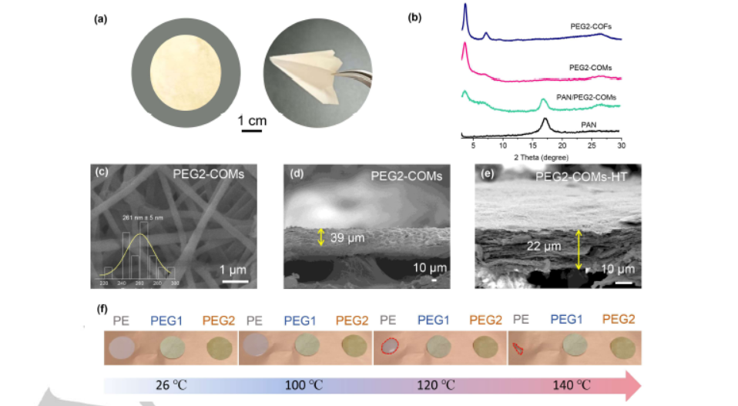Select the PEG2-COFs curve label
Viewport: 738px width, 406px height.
[x=590, y=26]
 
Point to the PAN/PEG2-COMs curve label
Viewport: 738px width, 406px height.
[x=587, y=97]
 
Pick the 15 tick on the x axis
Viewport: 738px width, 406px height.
[x=532, y=146]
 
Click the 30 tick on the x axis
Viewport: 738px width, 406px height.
[x=621, y=146]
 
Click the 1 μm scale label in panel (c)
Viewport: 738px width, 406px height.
[x=233, y=270]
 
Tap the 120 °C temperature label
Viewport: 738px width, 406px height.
[x=442, y=382]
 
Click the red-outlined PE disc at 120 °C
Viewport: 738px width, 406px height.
[x=391, y=347]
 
